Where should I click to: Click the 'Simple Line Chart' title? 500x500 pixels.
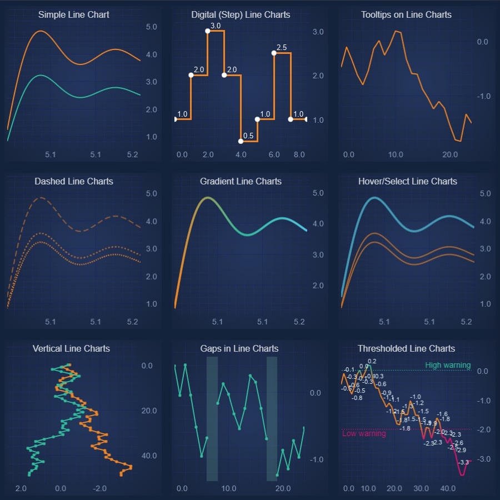tap(74, 15)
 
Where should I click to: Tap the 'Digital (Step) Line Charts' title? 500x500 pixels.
tap(241, 15)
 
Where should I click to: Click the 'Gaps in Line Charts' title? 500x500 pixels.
tap(239, 348)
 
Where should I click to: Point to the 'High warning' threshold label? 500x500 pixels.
tap(448, 365)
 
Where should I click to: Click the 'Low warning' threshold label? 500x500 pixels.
tap(363, 433)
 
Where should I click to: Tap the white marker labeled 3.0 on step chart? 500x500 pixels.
tap(208, 31)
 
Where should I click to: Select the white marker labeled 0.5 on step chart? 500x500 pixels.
tap(241, 141)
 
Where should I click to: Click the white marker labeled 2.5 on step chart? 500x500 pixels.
tap(274, 53)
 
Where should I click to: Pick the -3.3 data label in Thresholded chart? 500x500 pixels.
tap(463, 462)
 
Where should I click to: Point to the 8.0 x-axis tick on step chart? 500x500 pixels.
tap(299, 154)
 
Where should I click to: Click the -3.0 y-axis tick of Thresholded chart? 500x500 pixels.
tap(483, 459)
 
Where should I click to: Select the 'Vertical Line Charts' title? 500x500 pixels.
tap(71, 348)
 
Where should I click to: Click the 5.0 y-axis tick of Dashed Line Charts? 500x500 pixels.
tap(151, 193)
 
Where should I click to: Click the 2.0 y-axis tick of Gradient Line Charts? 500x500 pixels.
tap(318, 286)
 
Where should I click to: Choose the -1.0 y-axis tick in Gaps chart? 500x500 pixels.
tap(315, 459)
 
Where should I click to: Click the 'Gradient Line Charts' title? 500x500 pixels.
tap(241, 182)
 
